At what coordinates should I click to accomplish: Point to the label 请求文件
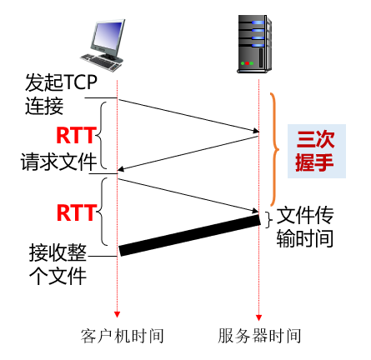pyautogui.click(x=58, y=162)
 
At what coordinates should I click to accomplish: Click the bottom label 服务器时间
pyautogui.click(x=259, y=336)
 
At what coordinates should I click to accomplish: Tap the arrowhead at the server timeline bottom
pyautogui.click(x=259, y=316)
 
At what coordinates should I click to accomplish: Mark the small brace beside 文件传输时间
pyautogui.click(x=268, y=219)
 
